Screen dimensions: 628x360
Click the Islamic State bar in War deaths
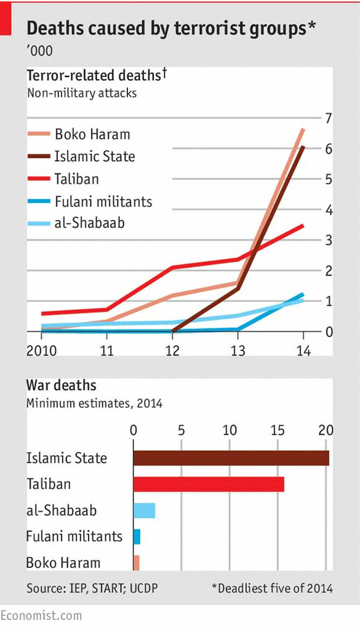pos(231,458)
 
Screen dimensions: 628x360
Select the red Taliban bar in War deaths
pos(209,484)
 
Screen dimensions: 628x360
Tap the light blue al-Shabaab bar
pos(144,511)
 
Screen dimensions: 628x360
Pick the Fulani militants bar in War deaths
pos(137,536)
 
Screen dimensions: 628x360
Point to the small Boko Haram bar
pos(136,562)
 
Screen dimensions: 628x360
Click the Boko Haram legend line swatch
pos(39,134)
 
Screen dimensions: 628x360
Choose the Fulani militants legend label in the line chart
pos(103,201)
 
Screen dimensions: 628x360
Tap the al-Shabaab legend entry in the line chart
pos(89,223)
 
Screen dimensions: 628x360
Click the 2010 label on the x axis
pos(41,351)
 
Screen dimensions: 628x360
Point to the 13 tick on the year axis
pos(238,351)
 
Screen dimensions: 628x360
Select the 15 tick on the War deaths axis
pos(278,429)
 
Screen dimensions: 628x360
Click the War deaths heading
pos(61,386)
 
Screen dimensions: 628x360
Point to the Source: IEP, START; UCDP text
pos(92,589)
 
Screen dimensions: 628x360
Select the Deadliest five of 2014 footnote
pos(272,589)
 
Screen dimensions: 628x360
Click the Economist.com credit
pos(41,615)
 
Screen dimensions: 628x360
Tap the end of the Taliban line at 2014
pos(303,226)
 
